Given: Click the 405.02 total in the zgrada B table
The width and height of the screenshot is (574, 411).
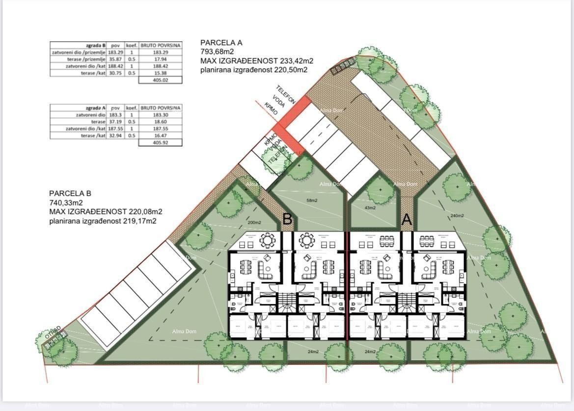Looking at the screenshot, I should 161,80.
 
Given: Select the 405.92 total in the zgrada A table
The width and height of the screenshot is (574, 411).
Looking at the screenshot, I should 161,142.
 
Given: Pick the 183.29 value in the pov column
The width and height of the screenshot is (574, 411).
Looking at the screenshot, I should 115,52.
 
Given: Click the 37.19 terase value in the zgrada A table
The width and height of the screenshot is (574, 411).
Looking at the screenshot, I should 115,121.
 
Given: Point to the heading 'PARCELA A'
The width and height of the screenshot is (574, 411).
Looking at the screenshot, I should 221,43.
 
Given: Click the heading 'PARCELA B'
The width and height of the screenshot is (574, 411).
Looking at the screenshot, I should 70,193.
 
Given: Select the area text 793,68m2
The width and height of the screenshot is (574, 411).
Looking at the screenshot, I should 218,52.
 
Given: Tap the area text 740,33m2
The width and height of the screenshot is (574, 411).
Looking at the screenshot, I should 66,202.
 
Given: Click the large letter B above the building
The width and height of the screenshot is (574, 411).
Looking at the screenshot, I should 288,219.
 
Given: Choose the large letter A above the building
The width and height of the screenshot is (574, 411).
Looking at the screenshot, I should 407,219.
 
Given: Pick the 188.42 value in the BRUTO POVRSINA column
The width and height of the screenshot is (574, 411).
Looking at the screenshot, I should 161,66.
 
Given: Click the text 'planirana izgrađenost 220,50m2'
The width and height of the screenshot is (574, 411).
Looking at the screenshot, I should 254,70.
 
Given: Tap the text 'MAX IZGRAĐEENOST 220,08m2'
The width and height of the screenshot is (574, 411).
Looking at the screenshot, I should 106,212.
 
